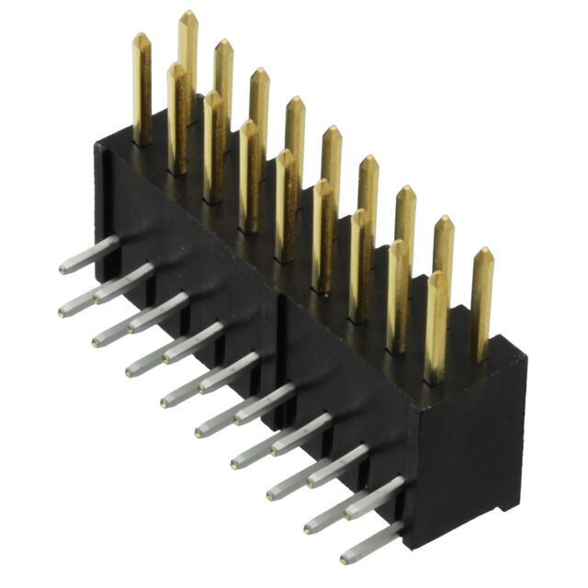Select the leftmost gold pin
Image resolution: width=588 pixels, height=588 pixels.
(x=141, y=87)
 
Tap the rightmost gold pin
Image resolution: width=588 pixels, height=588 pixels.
(x=481, y=303)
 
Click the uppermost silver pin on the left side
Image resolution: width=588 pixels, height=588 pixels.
(x=92, y=254)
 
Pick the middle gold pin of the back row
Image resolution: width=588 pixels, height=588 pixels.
(x=295, y=138)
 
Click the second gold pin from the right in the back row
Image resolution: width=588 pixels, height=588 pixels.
(x=443, y=257)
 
